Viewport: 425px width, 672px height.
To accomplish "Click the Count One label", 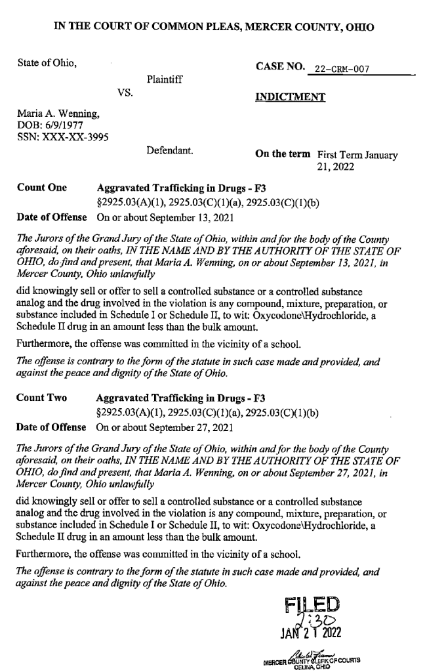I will coord(41,187).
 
